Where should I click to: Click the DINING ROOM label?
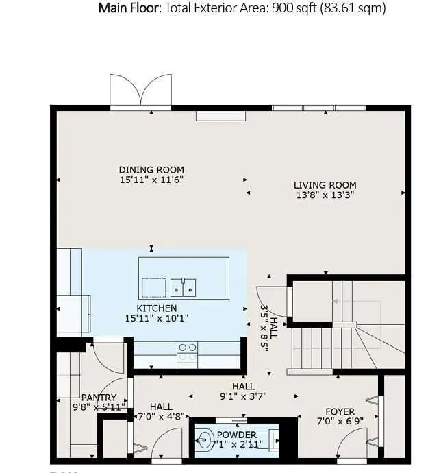point(151,170)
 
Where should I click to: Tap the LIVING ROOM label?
point(325,185)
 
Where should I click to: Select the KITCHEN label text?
point(157,308)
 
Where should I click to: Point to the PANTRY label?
point(99,398)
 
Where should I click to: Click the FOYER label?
point(340,412)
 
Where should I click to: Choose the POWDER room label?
point(237,435)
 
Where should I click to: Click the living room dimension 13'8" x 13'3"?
point(325,195)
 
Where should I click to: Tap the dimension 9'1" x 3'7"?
point(243,396)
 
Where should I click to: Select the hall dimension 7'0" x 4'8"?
point(161,417)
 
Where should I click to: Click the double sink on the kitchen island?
point(184,287)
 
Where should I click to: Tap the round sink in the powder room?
point(204,440)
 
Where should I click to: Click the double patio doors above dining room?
point(141,91)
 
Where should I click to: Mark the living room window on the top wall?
point(318,108)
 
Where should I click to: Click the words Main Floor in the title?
point(129,8)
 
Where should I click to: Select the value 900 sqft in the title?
point(294,8)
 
